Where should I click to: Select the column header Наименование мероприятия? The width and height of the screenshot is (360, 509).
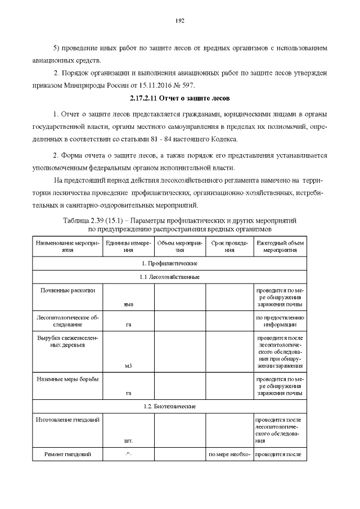[x=67, y=246]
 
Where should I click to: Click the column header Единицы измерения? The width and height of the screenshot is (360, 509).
[x=129, y=246]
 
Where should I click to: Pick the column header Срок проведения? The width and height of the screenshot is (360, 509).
[x=229, y=246]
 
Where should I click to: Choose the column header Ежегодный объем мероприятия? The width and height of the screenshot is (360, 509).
[x=280, y=246]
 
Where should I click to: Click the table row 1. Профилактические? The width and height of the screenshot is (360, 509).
[x=169, y=263]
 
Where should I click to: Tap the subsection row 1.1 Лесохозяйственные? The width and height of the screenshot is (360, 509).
[x=169, y=277]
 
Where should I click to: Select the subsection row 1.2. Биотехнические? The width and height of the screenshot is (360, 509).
[x=169, y=406]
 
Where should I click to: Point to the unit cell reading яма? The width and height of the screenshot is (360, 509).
[x=129, y=304]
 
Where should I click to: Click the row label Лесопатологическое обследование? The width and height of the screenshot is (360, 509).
[x=67, y=321]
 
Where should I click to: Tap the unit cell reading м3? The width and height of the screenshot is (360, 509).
[x=129, y=366]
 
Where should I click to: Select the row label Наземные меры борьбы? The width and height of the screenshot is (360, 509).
[x=67, y=379]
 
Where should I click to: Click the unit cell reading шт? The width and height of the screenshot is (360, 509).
[x=129, y=441]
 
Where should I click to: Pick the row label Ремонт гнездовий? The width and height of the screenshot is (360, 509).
[x=67, y=454]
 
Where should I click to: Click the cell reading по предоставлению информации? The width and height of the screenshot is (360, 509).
[x=280, y=321]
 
